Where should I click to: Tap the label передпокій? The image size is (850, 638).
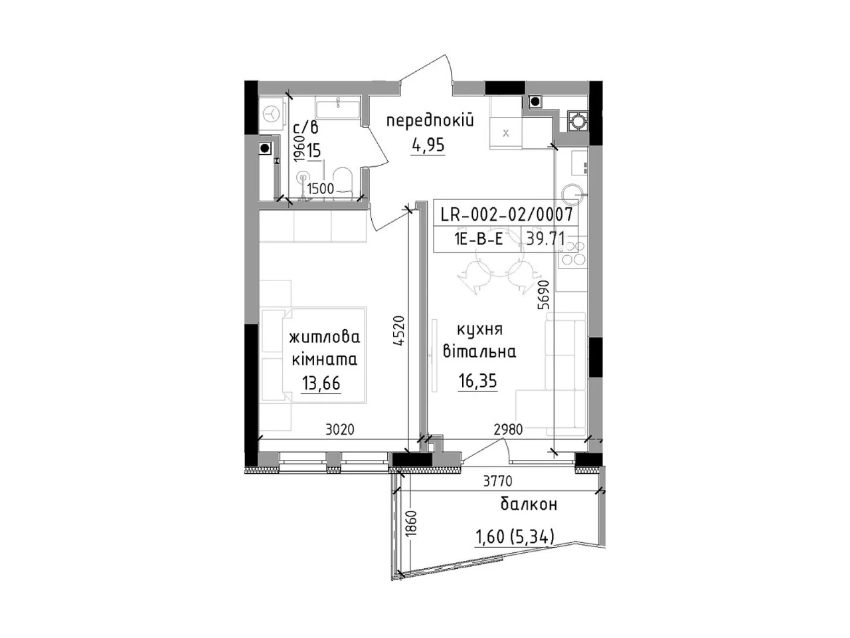point(430,122)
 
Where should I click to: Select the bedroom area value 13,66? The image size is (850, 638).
point(321,383)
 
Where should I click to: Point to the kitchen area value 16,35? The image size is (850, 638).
point(477,381)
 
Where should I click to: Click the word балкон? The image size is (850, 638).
point(529,504)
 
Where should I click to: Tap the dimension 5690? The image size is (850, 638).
point(544,294)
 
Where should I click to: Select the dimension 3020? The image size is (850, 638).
point(339,429)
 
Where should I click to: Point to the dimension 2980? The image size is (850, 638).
point(508,429)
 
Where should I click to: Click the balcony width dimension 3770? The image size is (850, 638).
point(497,481)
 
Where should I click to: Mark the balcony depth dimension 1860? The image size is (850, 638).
point(412,523)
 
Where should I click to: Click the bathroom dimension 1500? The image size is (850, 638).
point(320,189)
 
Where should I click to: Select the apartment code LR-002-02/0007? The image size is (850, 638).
point(506,214)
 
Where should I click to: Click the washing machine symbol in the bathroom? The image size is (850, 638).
point(271,114)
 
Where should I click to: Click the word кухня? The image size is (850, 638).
point(480,330)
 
